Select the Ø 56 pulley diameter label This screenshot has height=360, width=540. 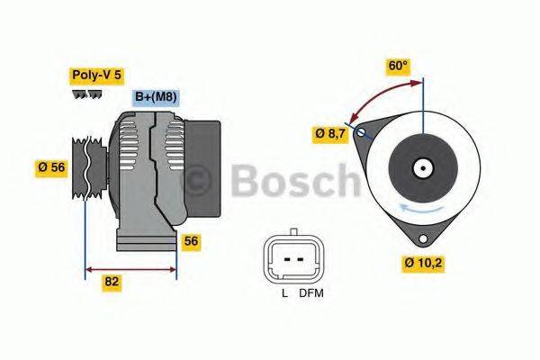click(x=53, y=166)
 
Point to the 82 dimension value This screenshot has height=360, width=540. click(x=112, y=281)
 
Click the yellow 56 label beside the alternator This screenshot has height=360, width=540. click(x=191, y=241)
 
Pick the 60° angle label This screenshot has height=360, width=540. click(x=397, y=66)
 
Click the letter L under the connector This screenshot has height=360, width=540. click(x=283, y=292)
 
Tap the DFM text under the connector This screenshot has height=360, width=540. click(x=310, y=292)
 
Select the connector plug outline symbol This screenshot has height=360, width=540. click(x=292, y=258)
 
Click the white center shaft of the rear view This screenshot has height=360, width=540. click(x=421, y=167)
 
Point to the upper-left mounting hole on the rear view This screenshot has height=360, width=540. click(x=362, y=132)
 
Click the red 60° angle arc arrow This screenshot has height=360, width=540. click(x=382, y=95)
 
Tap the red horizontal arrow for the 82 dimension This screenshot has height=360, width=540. click(x=130, y=267)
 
